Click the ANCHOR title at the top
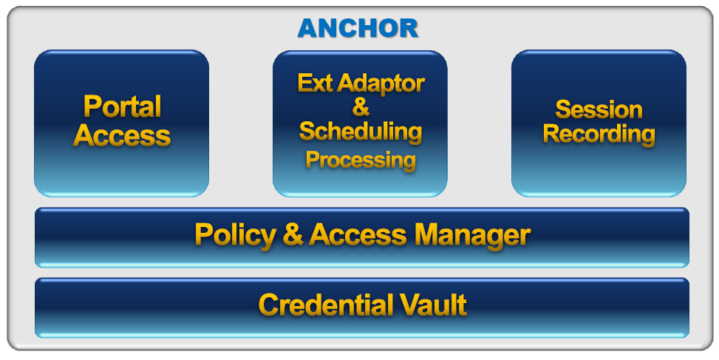coord(358,28)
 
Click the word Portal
coord(123,106)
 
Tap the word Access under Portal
coord(122,135)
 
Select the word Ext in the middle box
coord(315,83)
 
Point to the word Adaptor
coord(381,84)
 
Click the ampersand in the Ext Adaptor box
coord(361,107)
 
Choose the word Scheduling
coord(361,132)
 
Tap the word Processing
coord(361,160)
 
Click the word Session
coord(599,109)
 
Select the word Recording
coord(599,135)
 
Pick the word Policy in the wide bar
coord(235,235)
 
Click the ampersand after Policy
coord(293,234)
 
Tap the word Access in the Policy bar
coord(358,234)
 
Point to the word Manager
coord(472,236)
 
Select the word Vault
coord(432,305)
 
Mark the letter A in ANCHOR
coord(307,28)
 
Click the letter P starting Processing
coord(313,160)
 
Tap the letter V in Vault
coord(408,305)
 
